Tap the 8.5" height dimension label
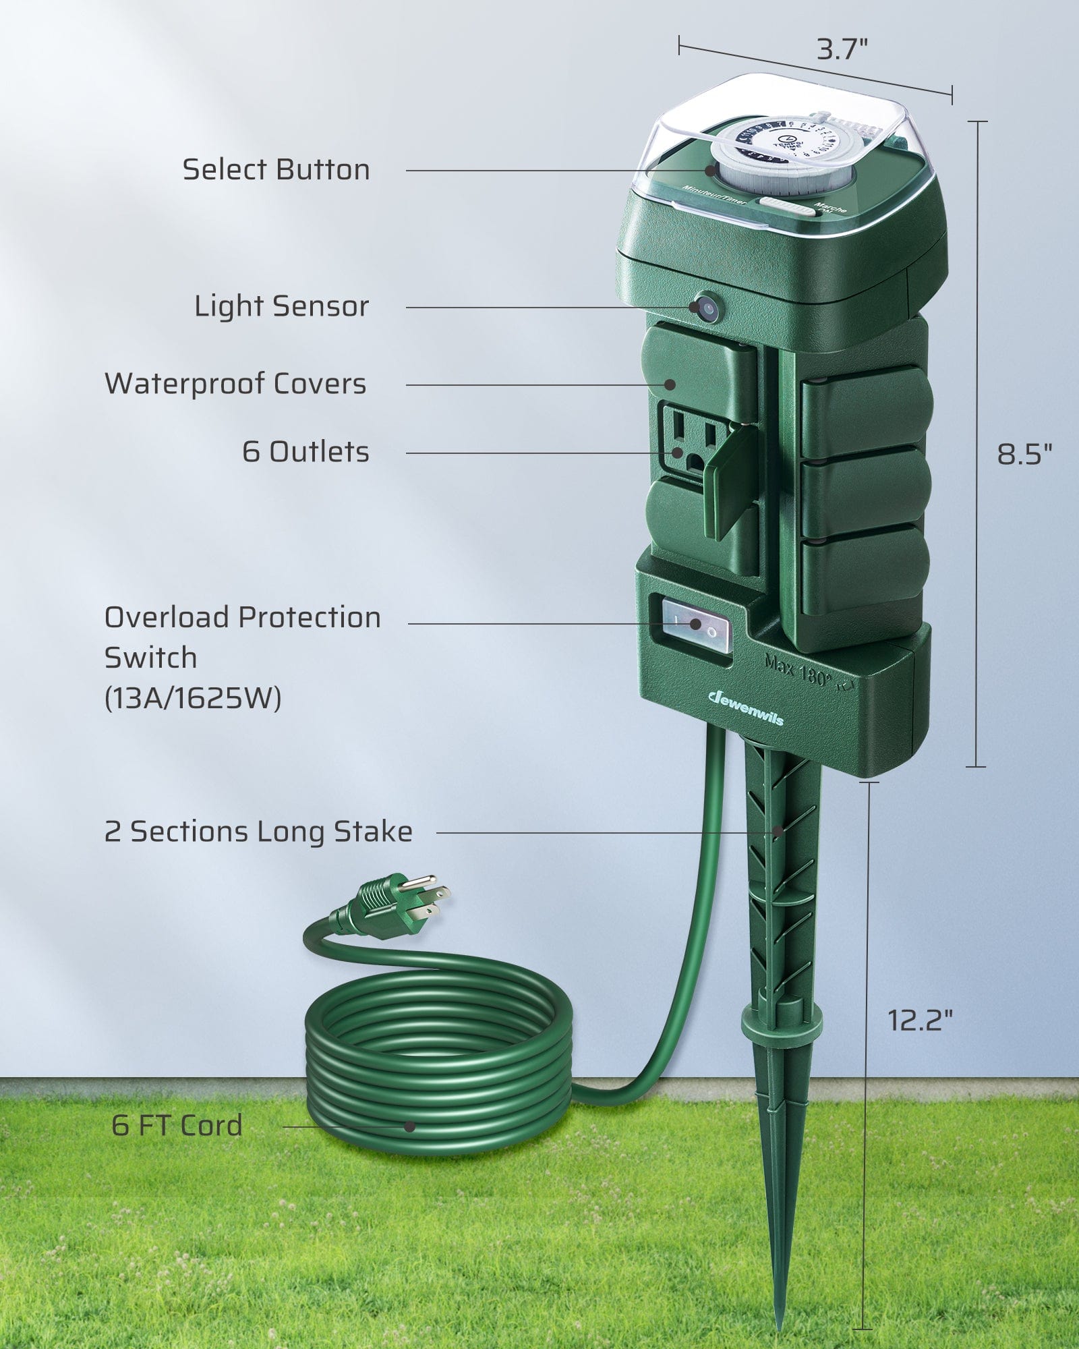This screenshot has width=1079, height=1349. tap(1024, 455)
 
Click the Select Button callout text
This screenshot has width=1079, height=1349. tap(276, 170)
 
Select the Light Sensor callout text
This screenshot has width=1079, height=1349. tap(282, 307)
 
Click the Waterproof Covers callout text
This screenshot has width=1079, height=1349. tap(235, 384)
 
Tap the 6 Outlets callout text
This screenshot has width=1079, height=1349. tap(305, 452)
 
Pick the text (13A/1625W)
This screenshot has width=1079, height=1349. tap(193, 698)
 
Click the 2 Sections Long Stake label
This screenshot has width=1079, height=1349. tap(258, 832)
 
